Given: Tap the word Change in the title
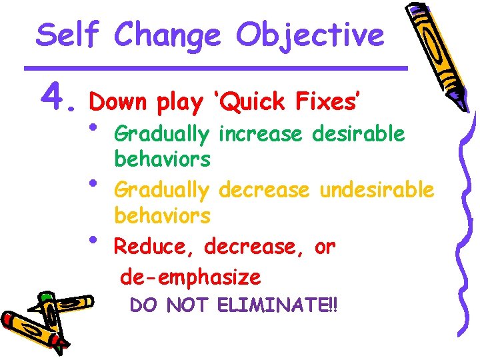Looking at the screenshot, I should [x=167, y=35].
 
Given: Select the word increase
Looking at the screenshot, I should [x=261, y=134].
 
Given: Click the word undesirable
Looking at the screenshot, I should [x=377, y=190].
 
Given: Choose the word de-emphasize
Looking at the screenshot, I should [x=191, y=275].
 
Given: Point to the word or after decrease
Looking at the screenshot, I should [x=325, y=247].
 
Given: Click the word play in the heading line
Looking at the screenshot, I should [x=179, y=102].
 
